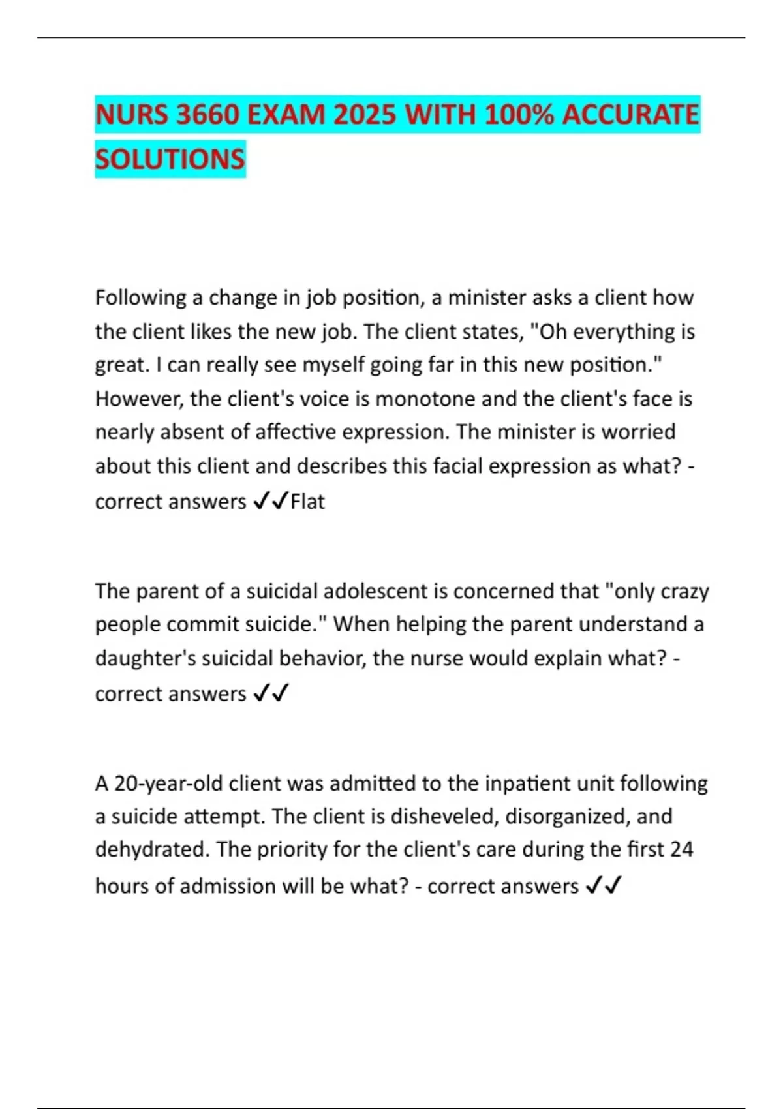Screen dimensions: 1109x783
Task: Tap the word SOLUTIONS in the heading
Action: click(170, 159)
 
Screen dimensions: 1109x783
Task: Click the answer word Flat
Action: click(307, 502)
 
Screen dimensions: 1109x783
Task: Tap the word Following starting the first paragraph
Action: click(141, 297)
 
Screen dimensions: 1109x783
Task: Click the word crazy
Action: click(684, 591)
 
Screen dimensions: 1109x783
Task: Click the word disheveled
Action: click(442, 816)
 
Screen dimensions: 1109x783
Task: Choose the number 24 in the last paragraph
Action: click(681, 849)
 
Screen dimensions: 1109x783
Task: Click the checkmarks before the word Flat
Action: click(269, 502)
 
